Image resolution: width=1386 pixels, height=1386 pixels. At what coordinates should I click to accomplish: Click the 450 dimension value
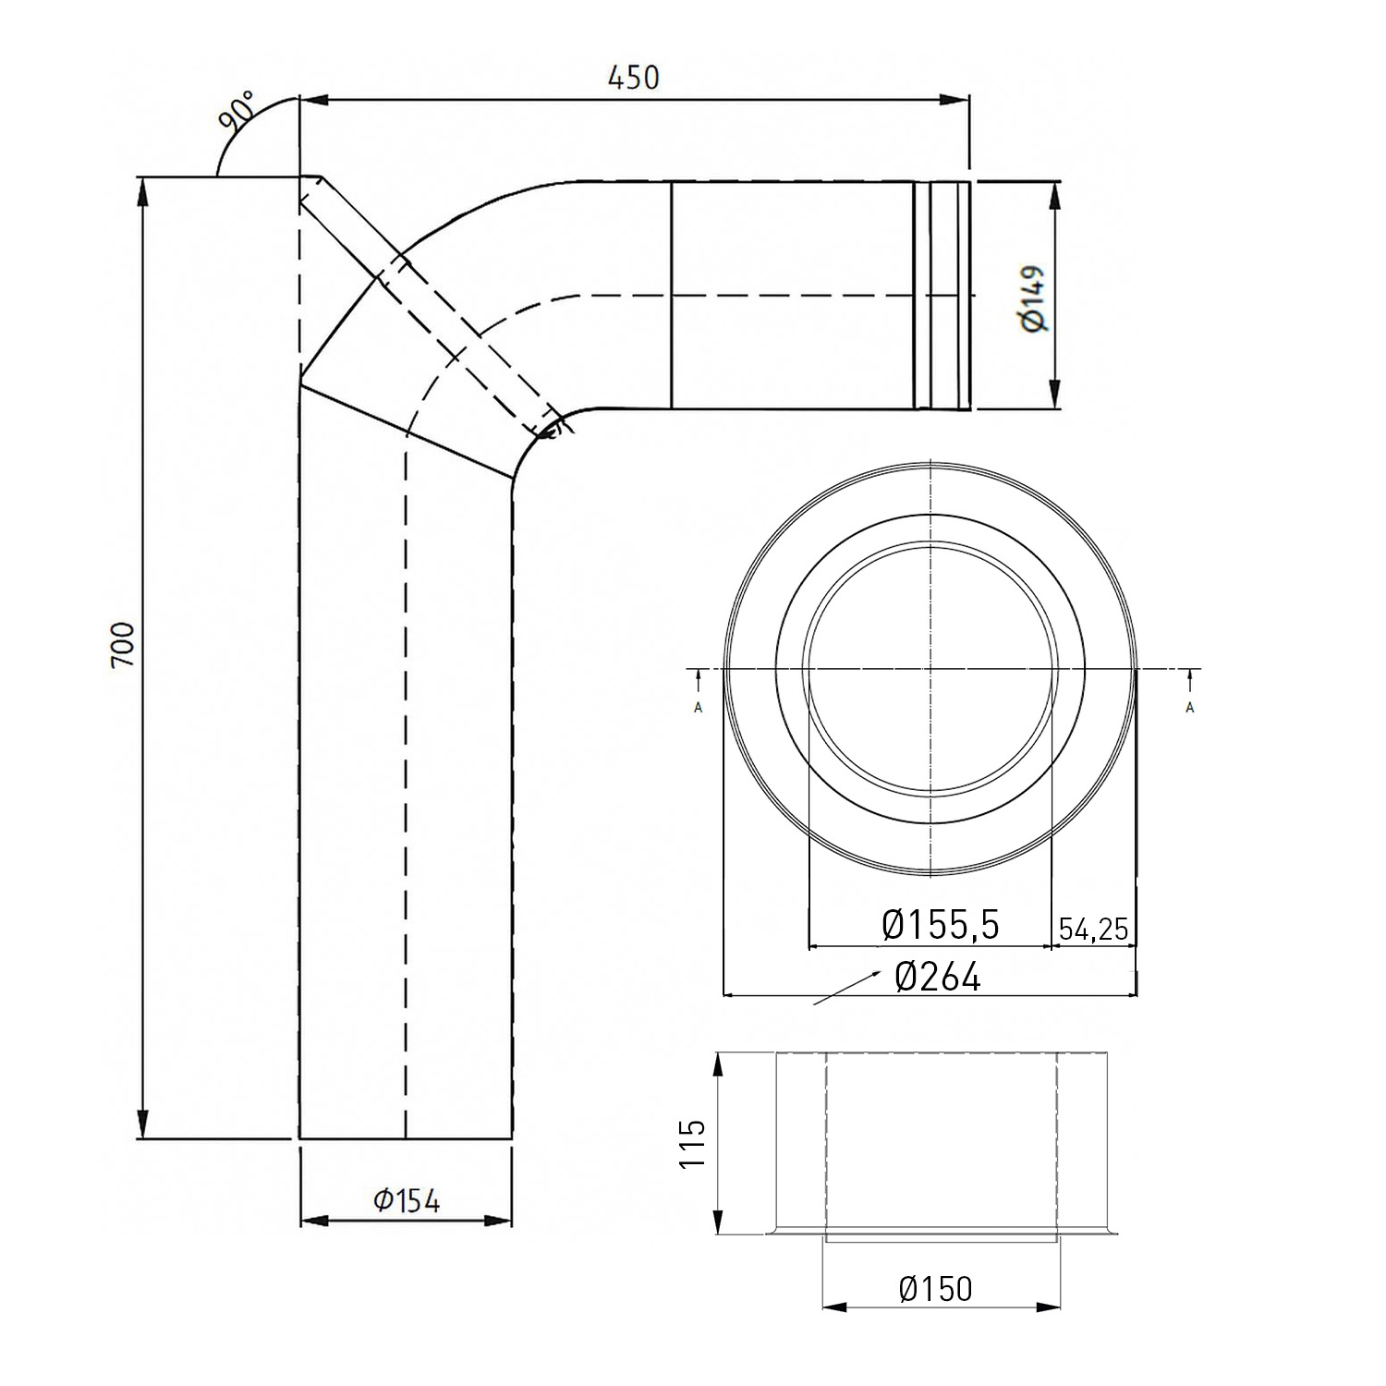[633, 78]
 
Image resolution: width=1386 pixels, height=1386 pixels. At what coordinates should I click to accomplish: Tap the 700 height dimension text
[123, 644]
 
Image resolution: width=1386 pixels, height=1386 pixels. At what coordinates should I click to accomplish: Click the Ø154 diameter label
[407, 1200]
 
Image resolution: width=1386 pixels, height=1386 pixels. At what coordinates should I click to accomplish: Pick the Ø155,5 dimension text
[941, 924]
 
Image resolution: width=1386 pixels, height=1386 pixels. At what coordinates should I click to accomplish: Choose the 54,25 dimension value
[1094, 929]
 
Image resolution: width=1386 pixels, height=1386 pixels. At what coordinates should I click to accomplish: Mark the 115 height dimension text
[693, 1144]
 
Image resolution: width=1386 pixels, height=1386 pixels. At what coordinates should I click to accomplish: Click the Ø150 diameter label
[935, 1289]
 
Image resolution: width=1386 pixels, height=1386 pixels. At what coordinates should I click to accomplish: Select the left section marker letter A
[698, 708]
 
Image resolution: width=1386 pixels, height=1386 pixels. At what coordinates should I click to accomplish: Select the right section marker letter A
[1190, 708]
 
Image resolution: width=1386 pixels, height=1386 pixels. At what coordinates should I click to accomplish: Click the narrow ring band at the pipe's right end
[942, 296]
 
